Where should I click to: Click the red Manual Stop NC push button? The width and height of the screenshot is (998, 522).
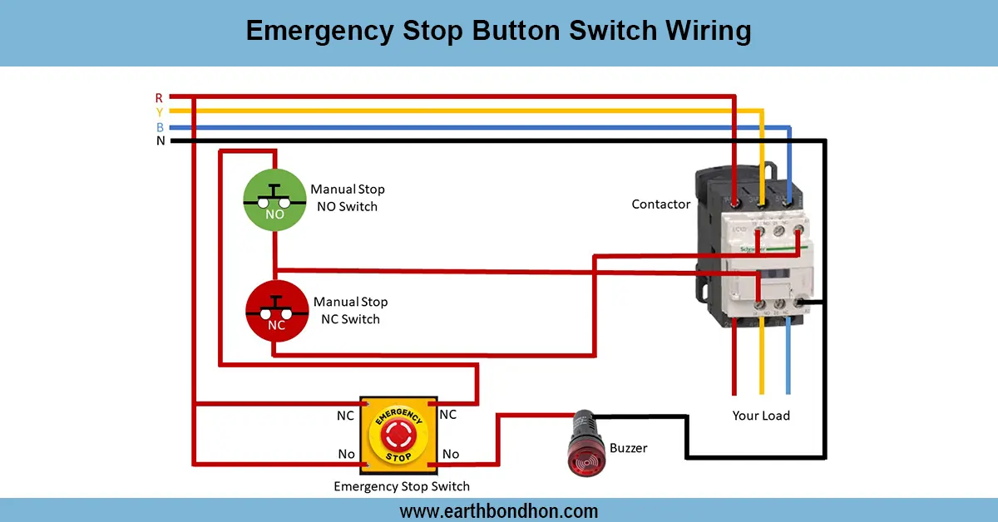click(276, 311)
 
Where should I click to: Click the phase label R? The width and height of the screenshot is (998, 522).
click(159, 98)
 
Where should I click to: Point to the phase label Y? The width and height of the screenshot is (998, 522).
click(159, 112)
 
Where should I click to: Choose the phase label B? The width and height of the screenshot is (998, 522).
click(160, 127)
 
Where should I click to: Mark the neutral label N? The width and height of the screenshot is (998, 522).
click(160, 141)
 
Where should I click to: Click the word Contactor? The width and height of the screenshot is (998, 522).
click(660, 204)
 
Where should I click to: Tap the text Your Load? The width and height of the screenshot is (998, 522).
click(760, 416)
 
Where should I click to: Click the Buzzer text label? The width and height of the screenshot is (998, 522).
click(628, 448)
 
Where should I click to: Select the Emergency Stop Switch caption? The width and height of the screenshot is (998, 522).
click(402, 486)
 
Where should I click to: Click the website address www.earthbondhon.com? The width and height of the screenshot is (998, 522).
click(499, 510)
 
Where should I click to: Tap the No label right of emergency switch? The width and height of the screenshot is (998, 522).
click(451, 454)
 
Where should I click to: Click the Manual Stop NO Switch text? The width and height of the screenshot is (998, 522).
click(348, 198)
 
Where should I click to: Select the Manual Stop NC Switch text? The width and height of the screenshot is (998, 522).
click(350, 310)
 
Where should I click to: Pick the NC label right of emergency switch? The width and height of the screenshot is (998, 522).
click(447, 415)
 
